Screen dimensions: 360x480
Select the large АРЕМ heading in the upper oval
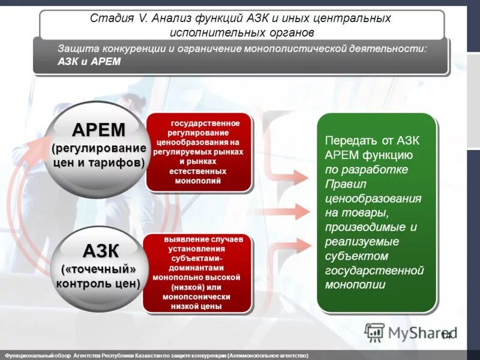pyautogui.click(x=99, y=130)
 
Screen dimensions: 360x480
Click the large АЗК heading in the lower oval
pyautogui.click(x=100, y=250)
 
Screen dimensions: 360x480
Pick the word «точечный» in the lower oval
pyautogui.click(x=100, y=268)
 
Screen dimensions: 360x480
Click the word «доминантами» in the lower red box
pyautogui.click(x=196, y=268)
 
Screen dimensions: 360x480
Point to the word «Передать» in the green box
pyautogui.click(x=350, y=140)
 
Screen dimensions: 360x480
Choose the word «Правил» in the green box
pyautogui.click(x=343, y=184)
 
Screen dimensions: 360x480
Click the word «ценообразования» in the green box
pyautogui.click(x=373, y=198)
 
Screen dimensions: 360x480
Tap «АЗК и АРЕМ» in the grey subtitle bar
pyautogui.click(x=89, y=62)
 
